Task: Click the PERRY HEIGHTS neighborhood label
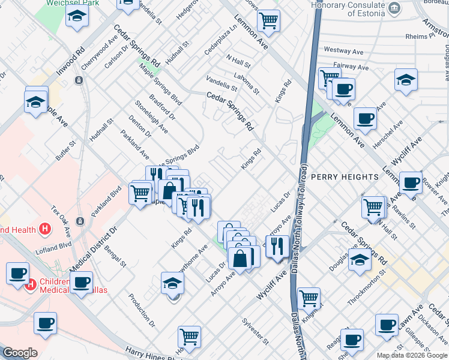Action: pos(345,177)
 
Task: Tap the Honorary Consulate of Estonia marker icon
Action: pos(394,8)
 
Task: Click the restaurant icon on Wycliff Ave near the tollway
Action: pos(277,245)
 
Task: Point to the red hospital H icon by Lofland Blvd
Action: pos(44,229)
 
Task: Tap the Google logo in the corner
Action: pos(20,353)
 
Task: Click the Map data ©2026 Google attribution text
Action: pos(411,355)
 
